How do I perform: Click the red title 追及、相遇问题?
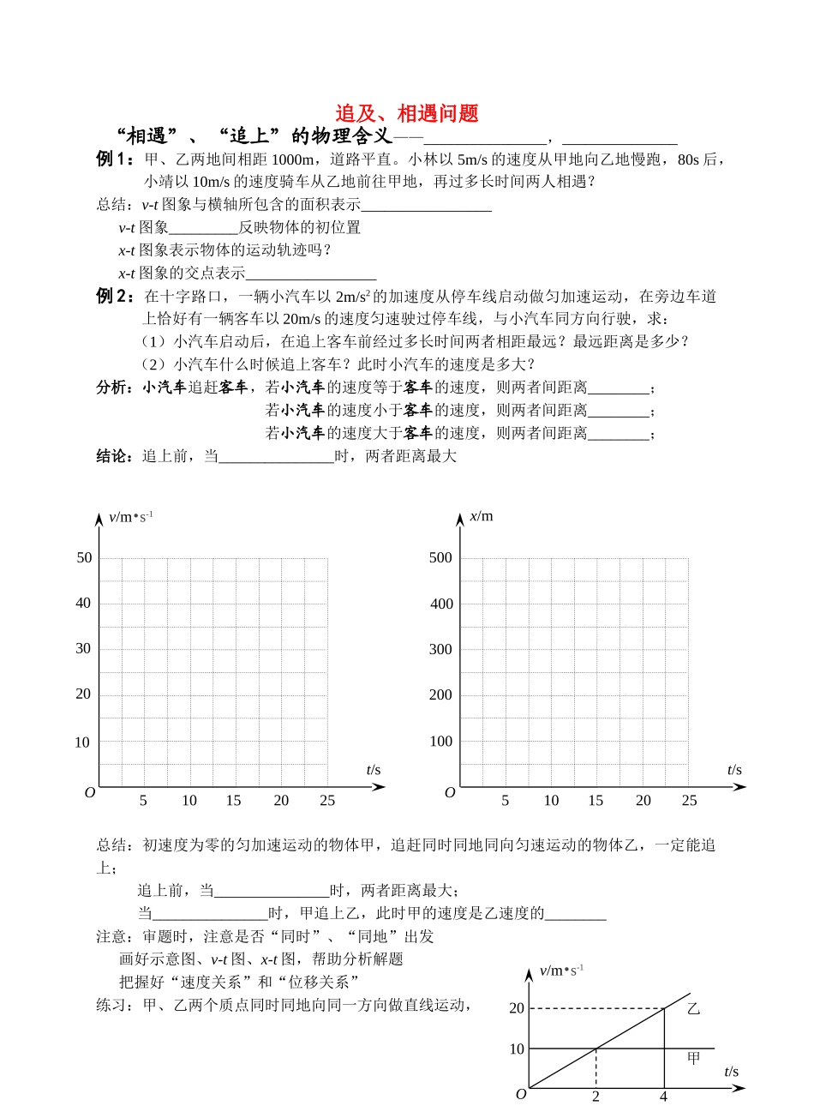[407, 113]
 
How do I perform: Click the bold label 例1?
[114, 159]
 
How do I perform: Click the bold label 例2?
[114, 297]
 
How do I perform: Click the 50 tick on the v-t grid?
[84, 558]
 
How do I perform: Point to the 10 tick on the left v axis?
[82, 742]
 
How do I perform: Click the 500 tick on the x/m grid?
[440, 558]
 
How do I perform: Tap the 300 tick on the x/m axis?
[440, 650]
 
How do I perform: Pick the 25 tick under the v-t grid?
[327, 801]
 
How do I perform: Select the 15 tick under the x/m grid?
[596, 801]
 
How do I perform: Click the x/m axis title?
[482, 516]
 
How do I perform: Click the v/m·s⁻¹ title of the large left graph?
[130, 516]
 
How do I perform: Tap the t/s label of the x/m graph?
[734, 770]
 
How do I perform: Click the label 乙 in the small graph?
[693, 1009]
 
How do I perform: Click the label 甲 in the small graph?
[693, 1059]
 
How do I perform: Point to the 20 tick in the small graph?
[517, 1008]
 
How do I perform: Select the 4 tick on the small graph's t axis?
[663, 1097]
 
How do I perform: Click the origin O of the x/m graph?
[450, 793]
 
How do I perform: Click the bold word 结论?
[114, 456]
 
